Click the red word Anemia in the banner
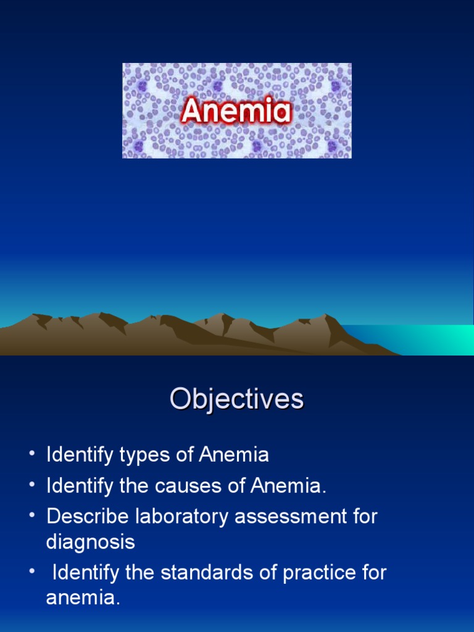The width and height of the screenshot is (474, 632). click(236, 112)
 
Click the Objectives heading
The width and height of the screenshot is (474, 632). click(237, 400)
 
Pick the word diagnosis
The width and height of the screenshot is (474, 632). click(90, 543)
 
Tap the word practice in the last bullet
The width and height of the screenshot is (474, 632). click(320, 573)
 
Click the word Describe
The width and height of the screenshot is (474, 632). click(83, 517)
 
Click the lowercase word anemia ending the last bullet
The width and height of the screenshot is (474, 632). click(83, 598)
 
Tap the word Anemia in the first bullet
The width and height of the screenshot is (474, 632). click(234, 456)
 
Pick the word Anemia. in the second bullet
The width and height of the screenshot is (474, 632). click(288, 487)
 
